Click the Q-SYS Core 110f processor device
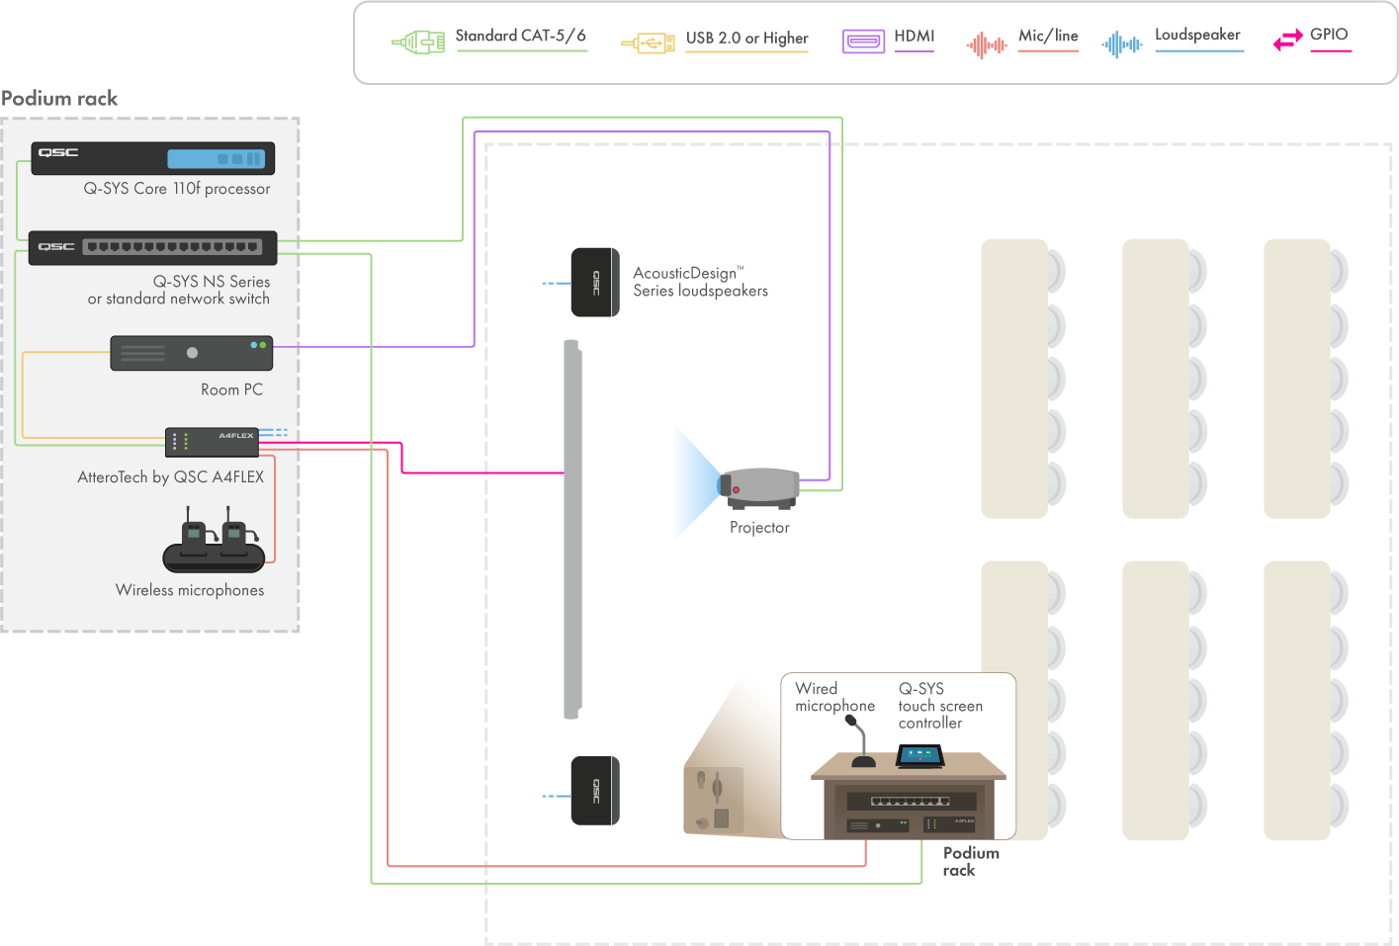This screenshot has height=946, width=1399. [x=152, y=158]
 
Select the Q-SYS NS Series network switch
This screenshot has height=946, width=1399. [x=152, y=247]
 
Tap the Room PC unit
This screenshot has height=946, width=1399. [x=191, y=353]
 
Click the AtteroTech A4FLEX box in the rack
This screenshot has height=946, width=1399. [x=212, y=442]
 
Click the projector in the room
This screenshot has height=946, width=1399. [x=759, y=488]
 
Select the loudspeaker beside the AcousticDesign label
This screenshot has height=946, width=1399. [x=595, y=283]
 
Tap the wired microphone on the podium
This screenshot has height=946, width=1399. [x=858, y=741]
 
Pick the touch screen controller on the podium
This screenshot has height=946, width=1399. [x=919, y=756]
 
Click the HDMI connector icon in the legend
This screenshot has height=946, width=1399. [x=863, y=42]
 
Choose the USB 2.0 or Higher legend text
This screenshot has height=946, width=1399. [x=746, y=39]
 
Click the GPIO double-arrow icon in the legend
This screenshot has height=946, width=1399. [x=1287, y=41]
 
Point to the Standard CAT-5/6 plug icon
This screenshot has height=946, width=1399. [x=418, y=43]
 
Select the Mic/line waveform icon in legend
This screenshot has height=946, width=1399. [x=986, y=44]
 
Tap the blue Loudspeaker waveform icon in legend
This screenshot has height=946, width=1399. [x=1121, y=44]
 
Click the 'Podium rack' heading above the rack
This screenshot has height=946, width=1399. [x=59, y=99]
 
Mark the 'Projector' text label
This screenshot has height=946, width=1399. [x=759, y=528]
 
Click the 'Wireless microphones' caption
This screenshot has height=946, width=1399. [x=190, y=590]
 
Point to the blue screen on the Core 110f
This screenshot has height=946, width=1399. [x=216, y=158]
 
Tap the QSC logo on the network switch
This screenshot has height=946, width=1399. [x=56, y=247]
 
